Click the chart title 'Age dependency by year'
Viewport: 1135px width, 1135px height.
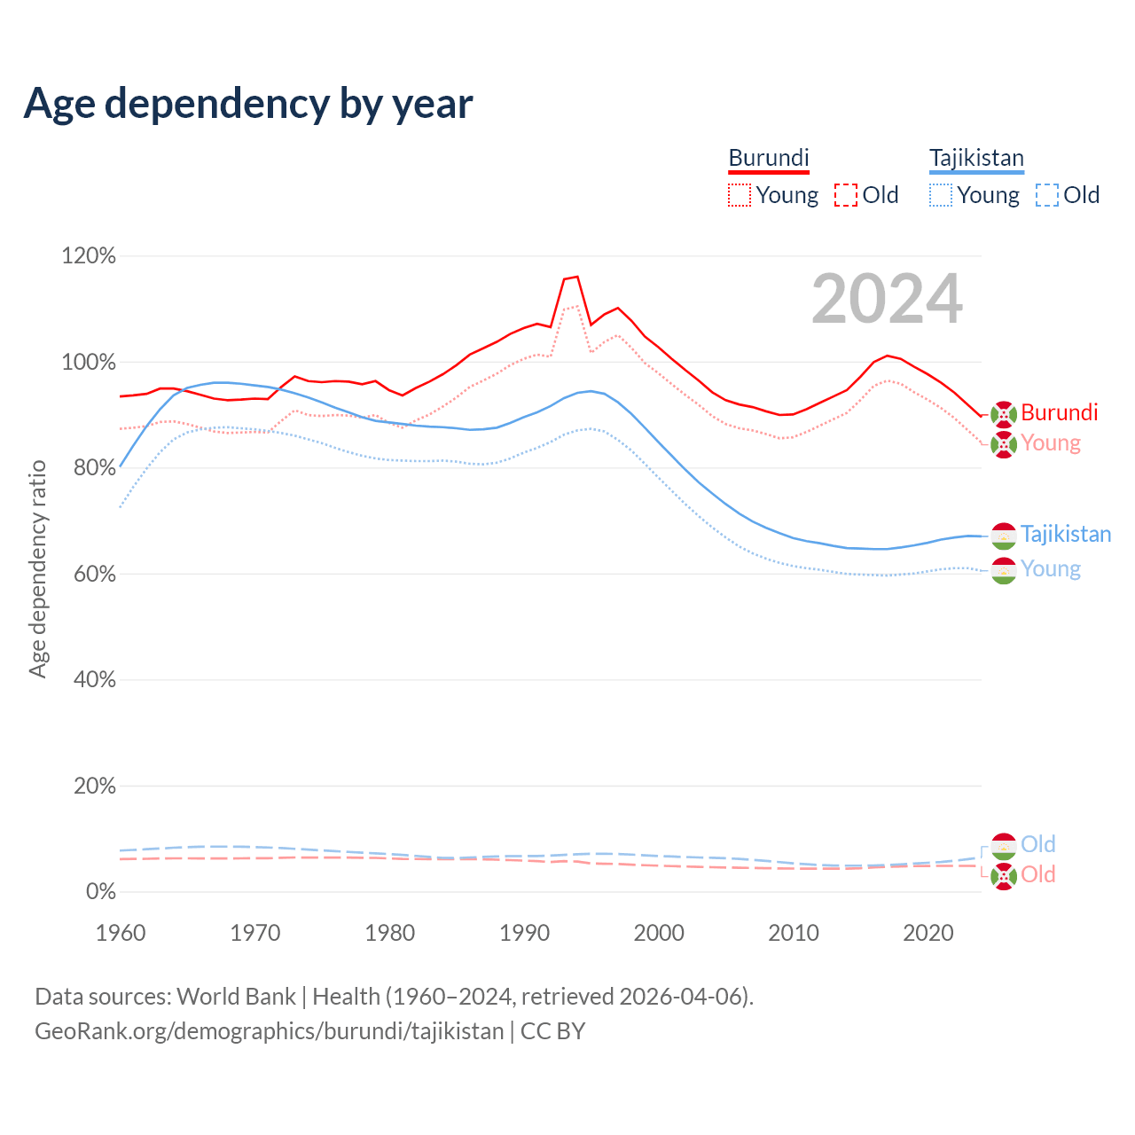coord(248,104)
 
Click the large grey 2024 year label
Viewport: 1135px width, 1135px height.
coord(887,299)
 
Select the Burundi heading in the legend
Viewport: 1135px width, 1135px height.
coord(769,158)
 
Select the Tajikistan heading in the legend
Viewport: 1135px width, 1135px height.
coord(976,158)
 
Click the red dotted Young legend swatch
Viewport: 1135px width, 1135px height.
coord(740,195)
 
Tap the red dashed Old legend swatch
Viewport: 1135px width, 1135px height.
coord(846,195)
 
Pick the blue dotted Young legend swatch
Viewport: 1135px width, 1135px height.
coord(941,195)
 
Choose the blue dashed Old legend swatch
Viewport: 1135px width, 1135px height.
coord(1047,195)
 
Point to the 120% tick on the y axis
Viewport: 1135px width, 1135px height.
coord(89,256)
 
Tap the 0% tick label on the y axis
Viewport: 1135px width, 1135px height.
coord(100,891)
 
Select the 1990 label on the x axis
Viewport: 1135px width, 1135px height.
coord(525,933)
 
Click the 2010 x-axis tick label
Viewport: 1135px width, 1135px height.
coord(794,933)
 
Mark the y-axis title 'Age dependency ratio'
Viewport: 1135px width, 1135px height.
coord(37,568)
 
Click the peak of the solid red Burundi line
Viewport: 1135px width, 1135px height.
coord(577,277)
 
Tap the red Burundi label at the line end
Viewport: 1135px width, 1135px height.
coord(1059,412)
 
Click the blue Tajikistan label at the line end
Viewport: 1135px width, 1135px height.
coord(1065,534)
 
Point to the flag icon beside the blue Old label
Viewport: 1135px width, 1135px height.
coord(1004,846)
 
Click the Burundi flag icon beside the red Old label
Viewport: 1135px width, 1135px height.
coord(1004,876)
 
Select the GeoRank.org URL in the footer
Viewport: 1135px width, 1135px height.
coord(269,1031)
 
